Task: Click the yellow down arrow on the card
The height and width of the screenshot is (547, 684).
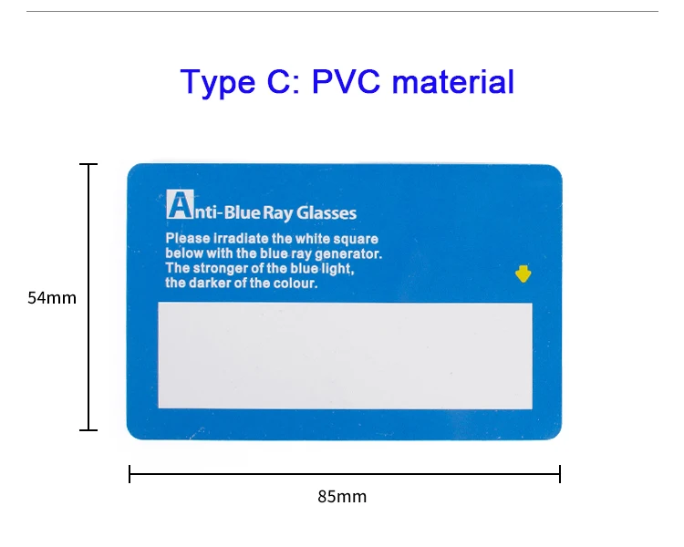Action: click(523, 273)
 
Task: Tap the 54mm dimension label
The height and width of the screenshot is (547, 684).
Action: click(52, 297)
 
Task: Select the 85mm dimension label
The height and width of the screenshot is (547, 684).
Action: click(342, 497)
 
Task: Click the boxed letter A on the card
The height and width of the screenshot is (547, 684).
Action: click(179, 204)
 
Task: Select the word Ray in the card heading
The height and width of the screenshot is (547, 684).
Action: click(275, 213)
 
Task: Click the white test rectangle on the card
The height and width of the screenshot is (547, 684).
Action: click(345, 355)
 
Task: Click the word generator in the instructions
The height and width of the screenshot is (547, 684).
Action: click(349, 253)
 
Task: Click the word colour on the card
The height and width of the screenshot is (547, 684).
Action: click(294, 283)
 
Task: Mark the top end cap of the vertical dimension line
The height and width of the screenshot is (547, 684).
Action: click(88, 164)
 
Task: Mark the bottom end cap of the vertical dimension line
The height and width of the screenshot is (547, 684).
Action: click(88, 429)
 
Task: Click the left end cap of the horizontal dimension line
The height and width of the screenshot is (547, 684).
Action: click(130, 474)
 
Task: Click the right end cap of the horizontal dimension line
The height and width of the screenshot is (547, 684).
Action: click(559, 474)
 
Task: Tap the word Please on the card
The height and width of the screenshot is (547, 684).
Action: click(185, 239)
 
